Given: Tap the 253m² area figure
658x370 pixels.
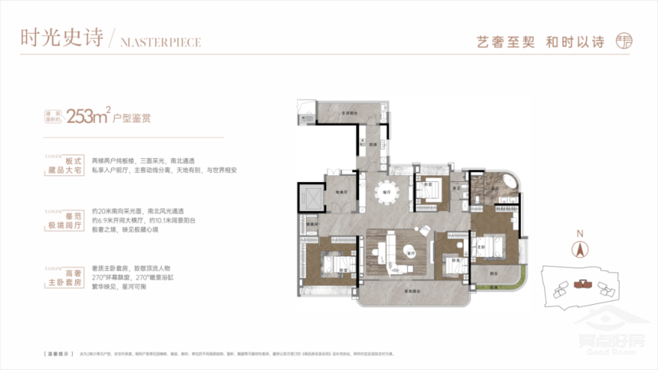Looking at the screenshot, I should coord(88,117).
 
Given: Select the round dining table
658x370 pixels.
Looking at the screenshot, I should coord(387,191).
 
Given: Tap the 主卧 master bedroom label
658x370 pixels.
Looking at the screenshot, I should coord(483,248).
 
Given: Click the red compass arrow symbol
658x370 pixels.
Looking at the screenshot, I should coord(580,248).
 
